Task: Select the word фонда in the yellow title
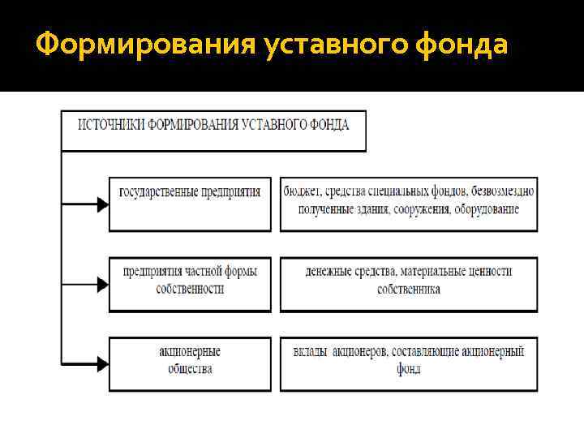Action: tap(458, 45)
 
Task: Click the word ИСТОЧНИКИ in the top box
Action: tap(112, 125)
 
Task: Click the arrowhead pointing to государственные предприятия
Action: tap(102, 204)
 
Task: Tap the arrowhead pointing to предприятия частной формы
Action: tap(102, 285)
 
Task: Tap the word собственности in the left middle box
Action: tap(190, 288)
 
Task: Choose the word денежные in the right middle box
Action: tap(332, 272)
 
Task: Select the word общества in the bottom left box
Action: tap(190, 368)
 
